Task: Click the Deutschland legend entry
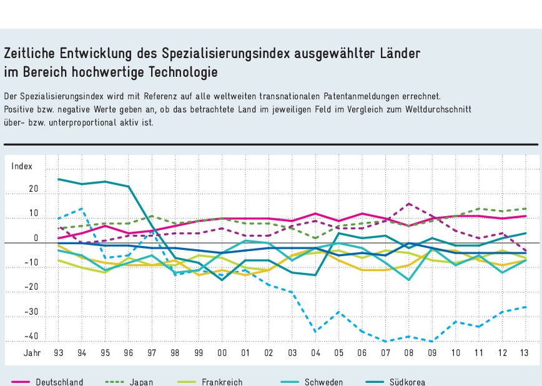tap(59, 382)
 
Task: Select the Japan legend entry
tap(141, 382)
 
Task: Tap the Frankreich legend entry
tap(222, 382)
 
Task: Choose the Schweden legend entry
tap(323, 382)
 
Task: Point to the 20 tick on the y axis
tap(33, 189)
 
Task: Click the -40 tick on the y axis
tap(31, 337)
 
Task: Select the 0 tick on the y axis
tap(36, 238)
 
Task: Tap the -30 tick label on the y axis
tap(31, 312)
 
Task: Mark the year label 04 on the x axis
tap(315, 353)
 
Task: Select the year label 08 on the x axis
tap(409, 353)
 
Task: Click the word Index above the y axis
tap(21, 166)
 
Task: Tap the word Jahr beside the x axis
tap(32, 353)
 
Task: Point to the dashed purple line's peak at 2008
tap(409, 204)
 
